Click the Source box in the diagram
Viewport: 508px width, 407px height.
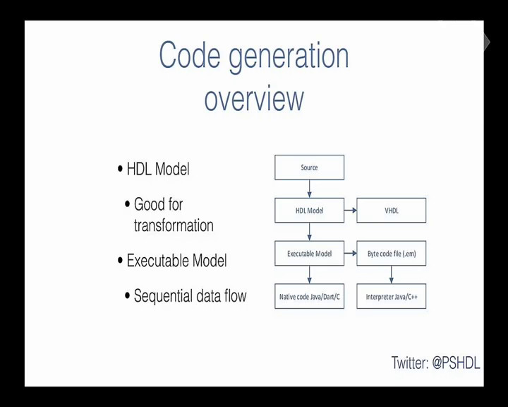310,167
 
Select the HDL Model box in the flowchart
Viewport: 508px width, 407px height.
310,211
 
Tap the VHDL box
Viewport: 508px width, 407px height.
392,211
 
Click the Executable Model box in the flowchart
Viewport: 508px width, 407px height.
310,254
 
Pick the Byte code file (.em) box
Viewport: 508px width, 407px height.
392,254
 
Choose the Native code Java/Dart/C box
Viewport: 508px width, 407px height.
310,296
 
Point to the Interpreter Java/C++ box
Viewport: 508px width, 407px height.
392,296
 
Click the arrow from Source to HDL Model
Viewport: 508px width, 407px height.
310,189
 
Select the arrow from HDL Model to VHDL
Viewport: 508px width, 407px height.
351,211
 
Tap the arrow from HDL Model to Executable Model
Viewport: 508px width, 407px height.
310,232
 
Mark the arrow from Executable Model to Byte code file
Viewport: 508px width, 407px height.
351,253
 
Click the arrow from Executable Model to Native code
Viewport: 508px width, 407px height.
310,275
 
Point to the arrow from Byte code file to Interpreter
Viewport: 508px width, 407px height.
392,275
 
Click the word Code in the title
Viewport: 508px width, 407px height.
190,55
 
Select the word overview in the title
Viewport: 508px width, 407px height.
254,99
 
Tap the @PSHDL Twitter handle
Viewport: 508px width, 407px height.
456,363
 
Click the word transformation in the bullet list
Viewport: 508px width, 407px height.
174,225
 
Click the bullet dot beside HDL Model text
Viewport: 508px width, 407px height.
120,169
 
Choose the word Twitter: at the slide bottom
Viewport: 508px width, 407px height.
410,363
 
